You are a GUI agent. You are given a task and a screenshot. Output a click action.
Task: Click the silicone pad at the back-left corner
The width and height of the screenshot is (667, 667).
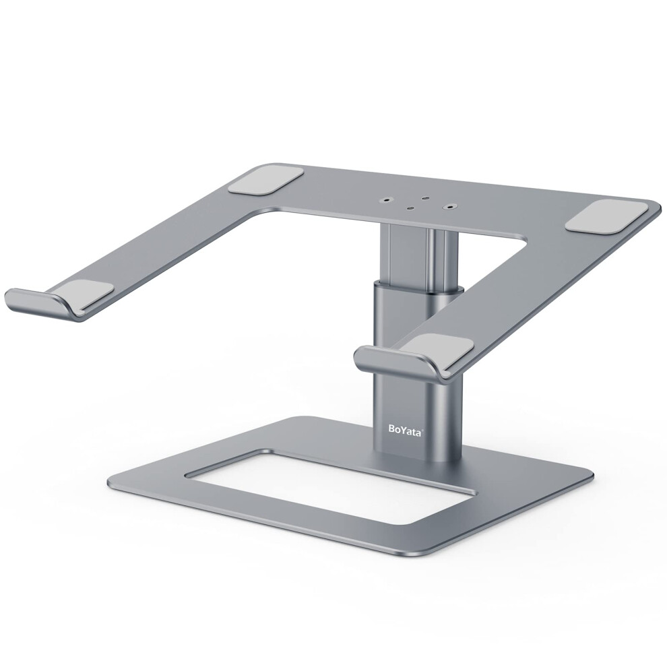pos(266,183)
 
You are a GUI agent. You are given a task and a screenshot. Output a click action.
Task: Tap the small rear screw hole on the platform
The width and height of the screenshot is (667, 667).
pos(424,198)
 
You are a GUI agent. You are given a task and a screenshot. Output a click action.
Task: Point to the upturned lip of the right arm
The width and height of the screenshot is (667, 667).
pos(391,360)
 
